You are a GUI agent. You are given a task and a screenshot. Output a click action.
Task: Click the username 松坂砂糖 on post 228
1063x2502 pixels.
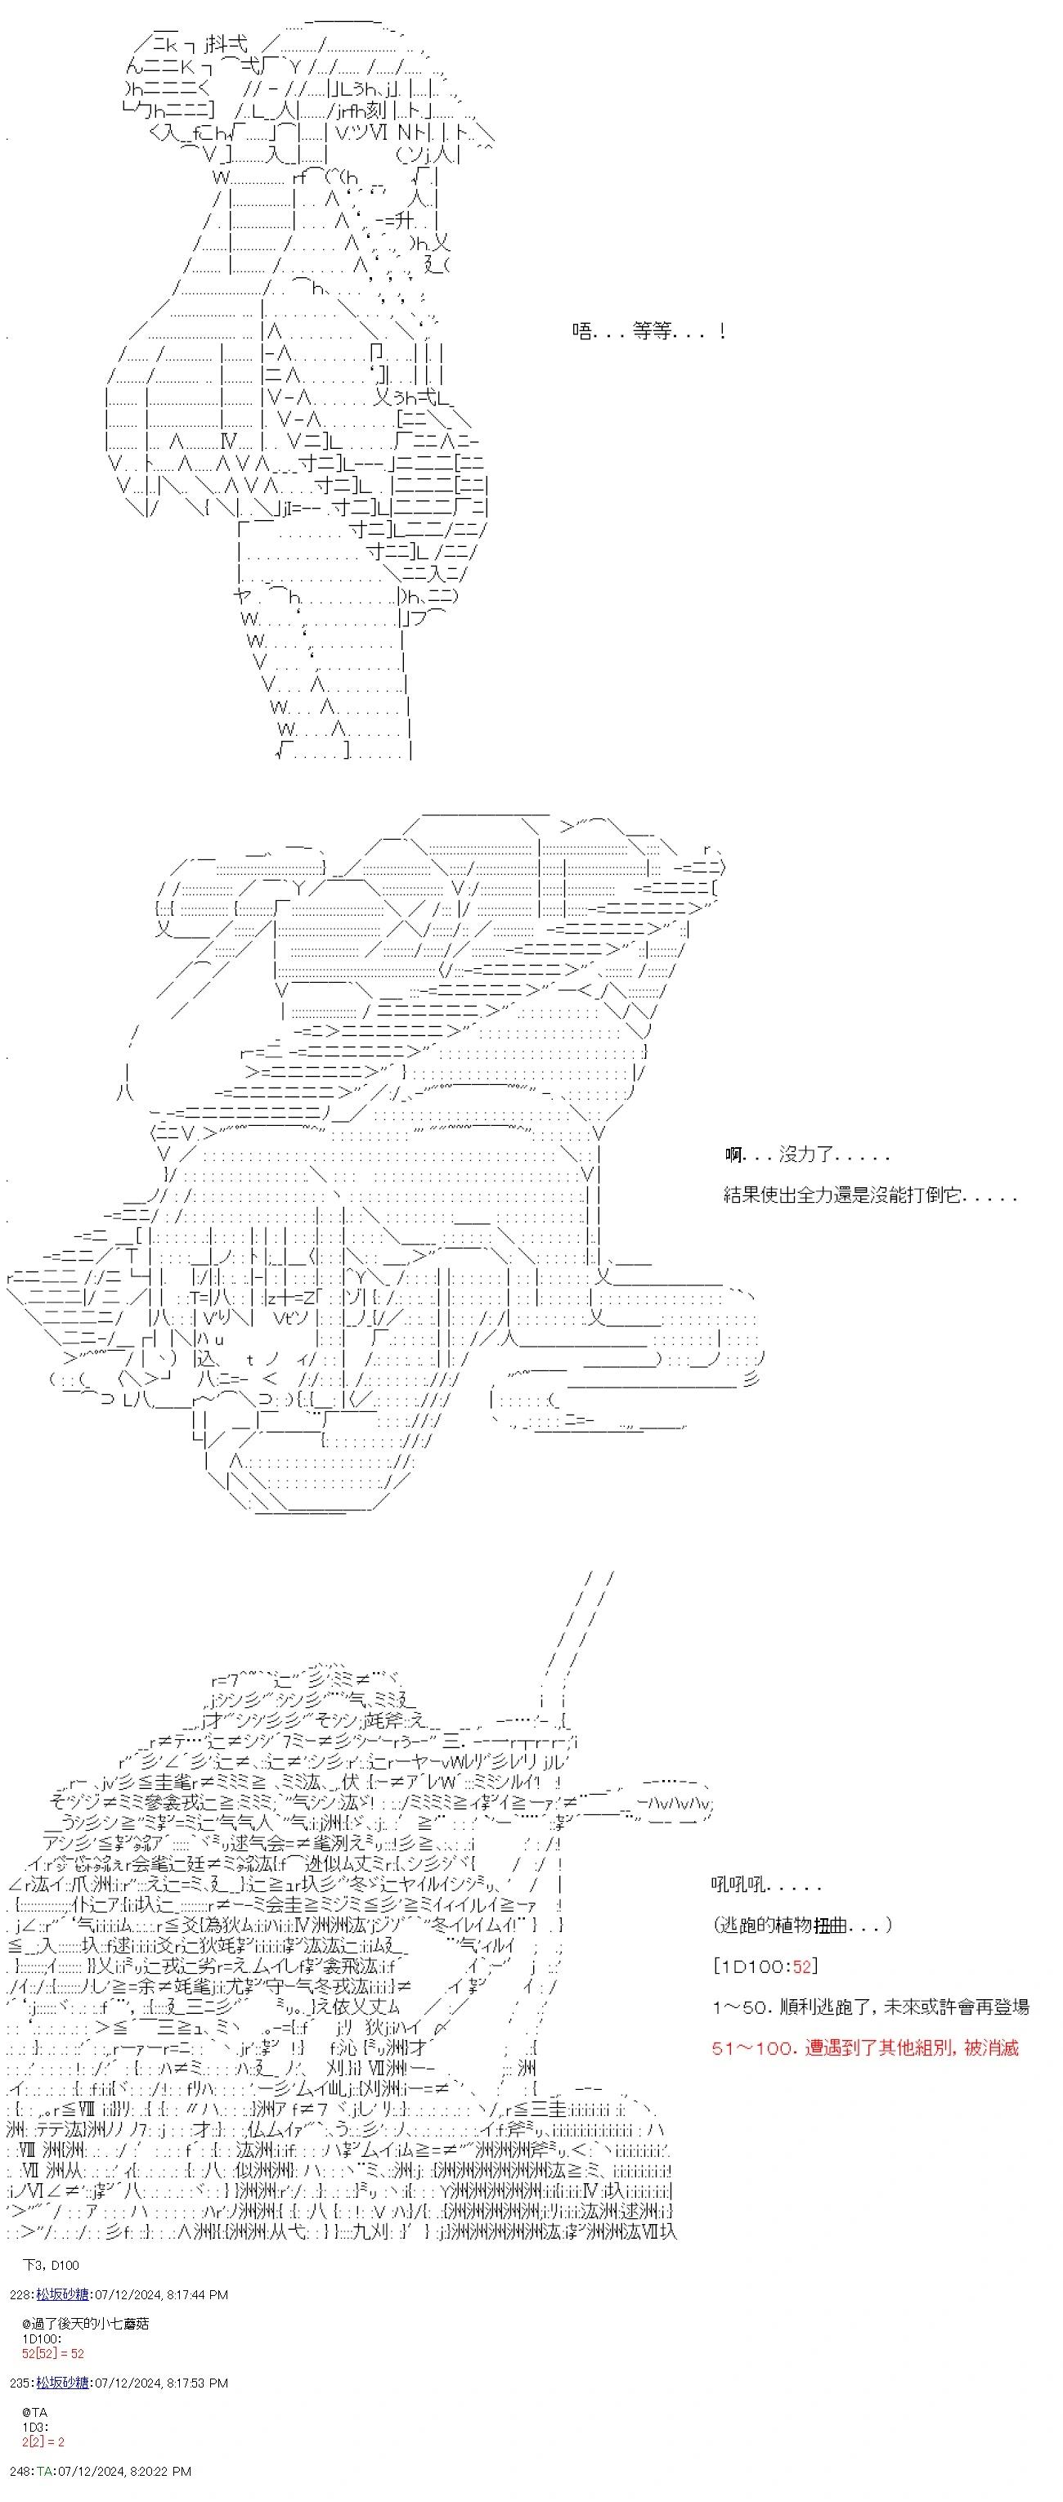(63, 2294)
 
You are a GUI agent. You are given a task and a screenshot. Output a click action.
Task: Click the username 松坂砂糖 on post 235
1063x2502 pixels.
(63, 2383)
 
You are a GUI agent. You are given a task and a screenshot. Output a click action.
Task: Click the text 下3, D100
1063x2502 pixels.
(50, 2265)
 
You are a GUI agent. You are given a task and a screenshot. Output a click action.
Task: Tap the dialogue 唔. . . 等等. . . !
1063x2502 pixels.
(648, 331)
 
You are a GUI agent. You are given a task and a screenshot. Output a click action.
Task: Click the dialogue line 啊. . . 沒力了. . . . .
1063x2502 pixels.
(806, 1155)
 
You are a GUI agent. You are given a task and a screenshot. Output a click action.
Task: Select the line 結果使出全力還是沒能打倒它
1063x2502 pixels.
(870, 1195)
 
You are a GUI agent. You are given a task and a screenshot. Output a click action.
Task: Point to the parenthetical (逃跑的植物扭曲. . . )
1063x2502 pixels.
(801, 1925)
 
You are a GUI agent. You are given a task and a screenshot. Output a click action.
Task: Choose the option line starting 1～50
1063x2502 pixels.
(870, 2007)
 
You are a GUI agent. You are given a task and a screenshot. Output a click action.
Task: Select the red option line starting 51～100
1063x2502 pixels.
(865, 2047)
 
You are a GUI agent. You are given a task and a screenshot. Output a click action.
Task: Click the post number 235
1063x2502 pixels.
(20, 2383)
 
